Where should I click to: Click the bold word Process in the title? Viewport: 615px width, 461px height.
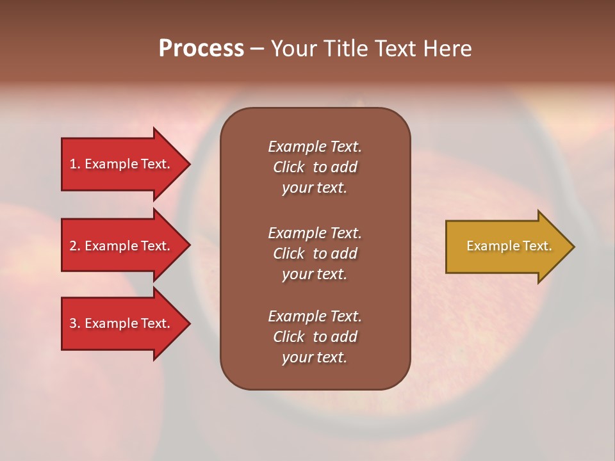click(x=201, y=49)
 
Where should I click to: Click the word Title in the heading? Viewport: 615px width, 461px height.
click(x=346, y=49)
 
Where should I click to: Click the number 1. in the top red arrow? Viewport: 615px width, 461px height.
click(x=75, y=164)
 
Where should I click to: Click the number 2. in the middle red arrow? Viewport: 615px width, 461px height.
click(x=75, y=246)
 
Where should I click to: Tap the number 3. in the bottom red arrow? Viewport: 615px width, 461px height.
click(x=75, y=323)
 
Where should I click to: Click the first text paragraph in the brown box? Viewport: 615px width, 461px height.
click(x=315, y=167)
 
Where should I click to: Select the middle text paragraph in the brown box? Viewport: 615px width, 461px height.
click(x=315, y=254)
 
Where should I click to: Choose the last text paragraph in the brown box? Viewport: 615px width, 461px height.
click(x=315, y=337)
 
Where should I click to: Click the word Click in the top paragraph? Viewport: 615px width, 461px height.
click(x=288, y=167)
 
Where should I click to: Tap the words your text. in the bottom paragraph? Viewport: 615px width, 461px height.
click(x=315, y=357)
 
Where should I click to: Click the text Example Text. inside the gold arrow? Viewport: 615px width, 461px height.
click(x=509, y=246)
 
